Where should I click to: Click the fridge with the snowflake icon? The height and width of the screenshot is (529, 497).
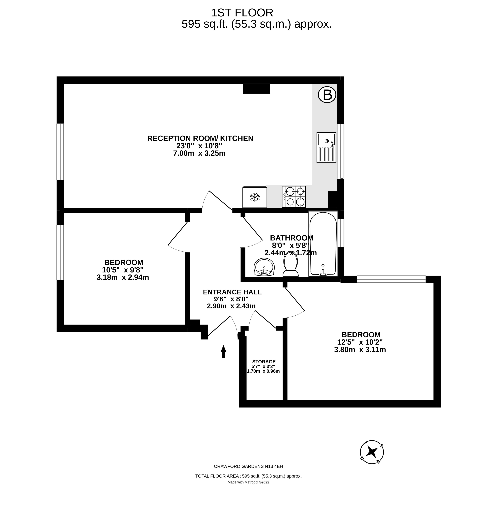pos(255,197)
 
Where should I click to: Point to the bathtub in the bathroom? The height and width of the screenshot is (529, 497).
pos(323,244)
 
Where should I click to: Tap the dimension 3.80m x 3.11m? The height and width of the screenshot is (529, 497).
pos(360,349)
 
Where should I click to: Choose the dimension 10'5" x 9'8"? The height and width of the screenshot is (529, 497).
pos(123,270)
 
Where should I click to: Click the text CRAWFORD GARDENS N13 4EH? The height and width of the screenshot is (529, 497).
pos(248,466)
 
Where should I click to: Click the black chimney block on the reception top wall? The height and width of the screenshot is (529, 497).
pos(257,88)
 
